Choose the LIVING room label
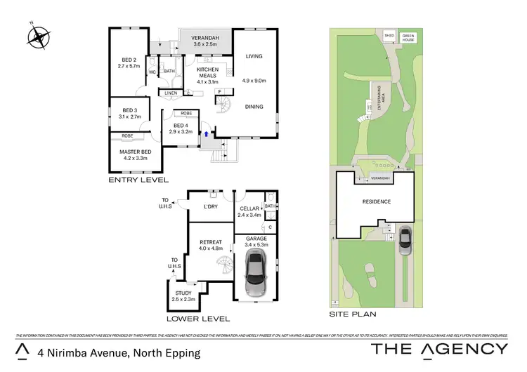point(254,56)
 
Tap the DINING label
point(254,107)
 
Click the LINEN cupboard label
point(171,93)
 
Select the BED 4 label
point(180,127)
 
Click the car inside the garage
point(254,275)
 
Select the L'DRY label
point(210,206)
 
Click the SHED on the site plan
point(389,34)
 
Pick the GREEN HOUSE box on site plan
point(408,37)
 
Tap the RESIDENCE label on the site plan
point(376,201)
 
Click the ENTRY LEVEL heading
point(138,180)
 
